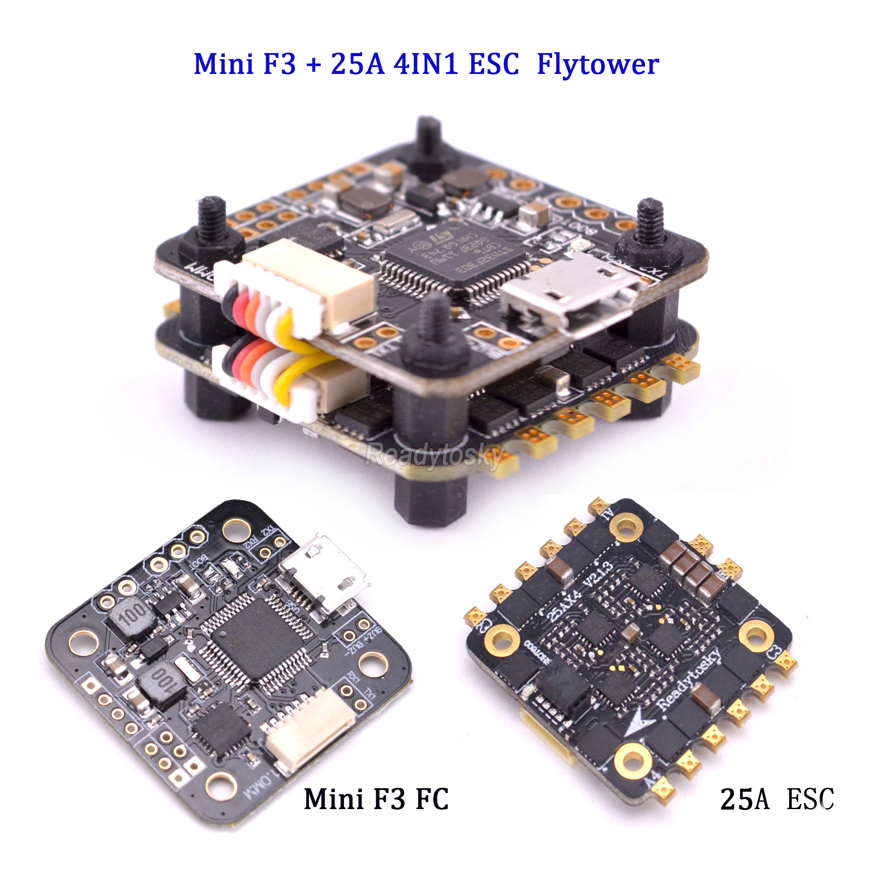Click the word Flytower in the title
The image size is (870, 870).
[x=598, y=64]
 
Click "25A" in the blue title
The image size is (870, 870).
[x=358, y=64]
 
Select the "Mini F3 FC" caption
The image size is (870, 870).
[x=376, y=799]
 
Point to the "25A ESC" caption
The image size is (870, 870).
[x=777, y=799]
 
